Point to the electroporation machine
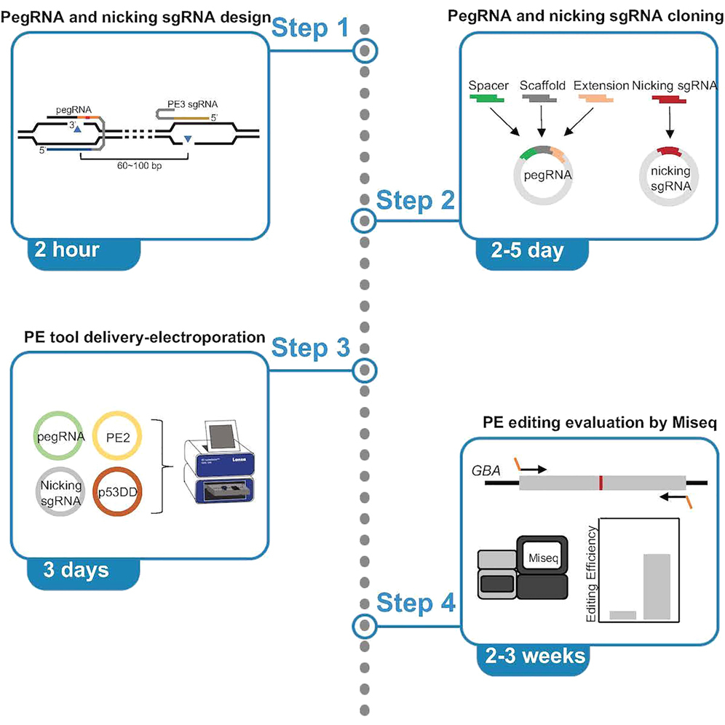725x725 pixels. pyautogui.click(x=217, y=456)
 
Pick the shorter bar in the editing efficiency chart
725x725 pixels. pyautogui.click(x=623, y=616)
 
